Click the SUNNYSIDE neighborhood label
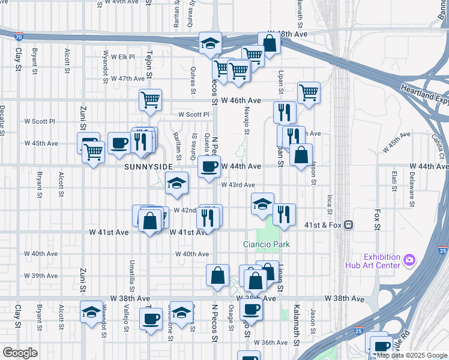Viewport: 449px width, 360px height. pos(148,166)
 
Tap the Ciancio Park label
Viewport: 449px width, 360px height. pos(266,244)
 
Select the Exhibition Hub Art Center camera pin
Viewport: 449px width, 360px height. pos(409,259)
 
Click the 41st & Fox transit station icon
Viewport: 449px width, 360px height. pos(348,225)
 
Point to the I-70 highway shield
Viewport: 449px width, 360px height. pos(20,36)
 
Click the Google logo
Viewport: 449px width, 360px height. pos(20,353)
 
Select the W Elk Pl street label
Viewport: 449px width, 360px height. pos(119,57)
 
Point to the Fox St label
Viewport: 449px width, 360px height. pos(377,220)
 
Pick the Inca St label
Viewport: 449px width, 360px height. pos(329,205)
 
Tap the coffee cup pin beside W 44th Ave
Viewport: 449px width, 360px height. pos(209,166)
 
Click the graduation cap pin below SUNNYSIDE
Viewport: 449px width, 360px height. pos(176,182)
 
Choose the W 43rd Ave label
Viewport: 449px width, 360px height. pos(238,185)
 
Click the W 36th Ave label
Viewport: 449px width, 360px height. pos(270,343)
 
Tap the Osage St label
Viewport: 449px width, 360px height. pos(231,316)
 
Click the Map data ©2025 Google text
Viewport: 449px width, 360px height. pos(412,355)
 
